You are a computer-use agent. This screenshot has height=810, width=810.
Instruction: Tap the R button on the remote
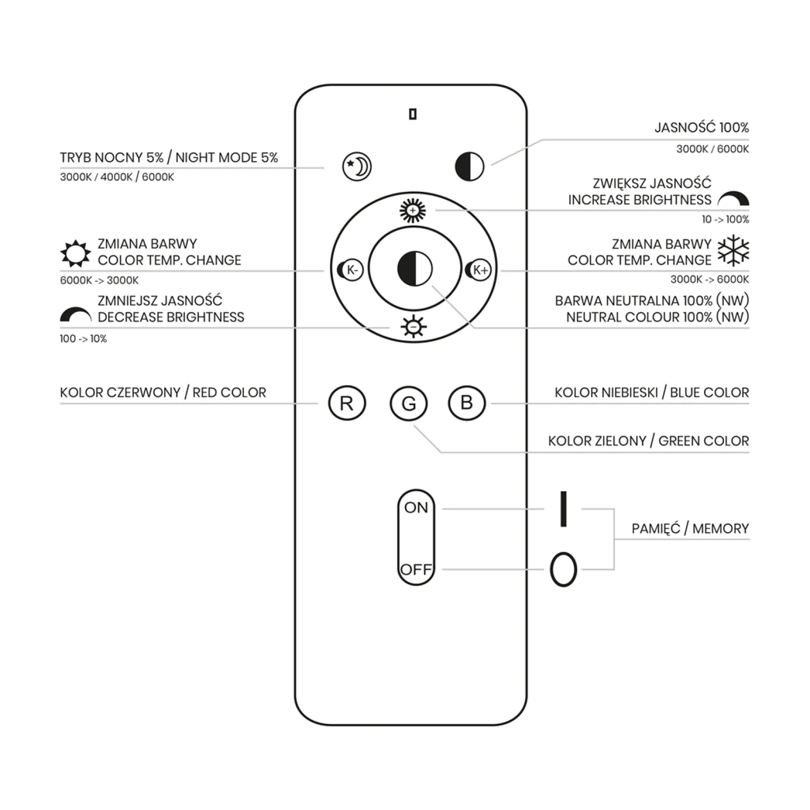(347, 403)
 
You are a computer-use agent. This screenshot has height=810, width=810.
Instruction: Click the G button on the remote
(409, 403)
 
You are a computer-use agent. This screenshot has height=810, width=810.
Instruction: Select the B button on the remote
(467, 403)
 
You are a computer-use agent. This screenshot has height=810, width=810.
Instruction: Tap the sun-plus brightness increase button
(413, 210)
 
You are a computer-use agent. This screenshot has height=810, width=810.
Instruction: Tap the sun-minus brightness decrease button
(413, 327)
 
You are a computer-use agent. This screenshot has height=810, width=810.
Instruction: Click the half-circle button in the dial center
(415, 269)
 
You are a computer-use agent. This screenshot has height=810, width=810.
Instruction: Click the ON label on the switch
(416, 507)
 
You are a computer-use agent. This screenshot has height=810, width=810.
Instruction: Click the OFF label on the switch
(416, 570)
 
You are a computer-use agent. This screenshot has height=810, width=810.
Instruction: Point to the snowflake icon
(734, 251)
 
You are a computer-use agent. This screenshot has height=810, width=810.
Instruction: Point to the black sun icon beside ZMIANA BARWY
(75, 253)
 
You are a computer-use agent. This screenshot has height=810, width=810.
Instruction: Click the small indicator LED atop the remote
(413, 115)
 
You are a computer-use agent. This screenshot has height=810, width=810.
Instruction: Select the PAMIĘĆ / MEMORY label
(690, 529)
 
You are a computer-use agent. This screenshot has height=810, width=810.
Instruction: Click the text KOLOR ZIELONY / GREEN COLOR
(649, 441)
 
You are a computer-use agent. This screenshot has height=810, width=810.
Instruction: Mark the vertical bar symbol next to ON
(563, 509)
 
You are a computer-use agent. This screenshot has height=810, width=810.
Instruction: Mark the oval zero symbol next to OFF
(563, 570)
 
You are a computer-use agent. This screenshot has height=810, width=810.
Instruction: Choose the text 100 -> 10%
(84, 339)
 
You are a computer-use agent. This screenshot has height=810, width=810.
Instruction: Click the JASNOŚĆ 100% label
(702, 127)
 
